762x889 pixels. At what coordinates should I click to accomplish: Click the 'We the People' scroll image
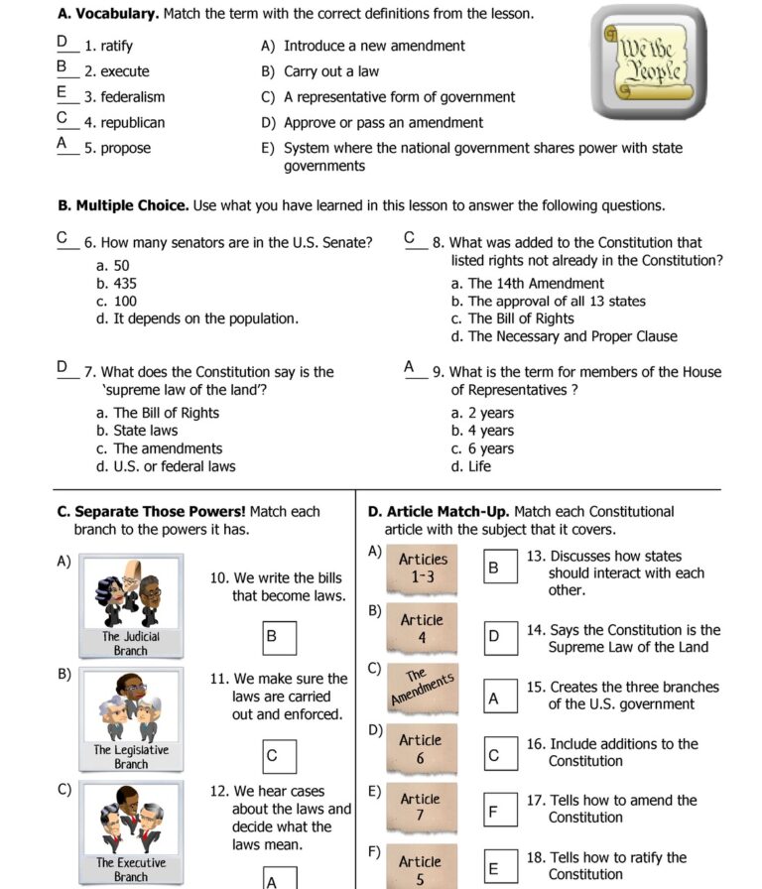(651, 63)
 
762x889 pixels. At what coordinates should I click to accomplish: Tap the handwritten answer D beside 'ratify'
(63, 43)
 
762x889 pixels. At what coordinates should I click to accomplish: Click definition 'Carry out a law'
(330, 71)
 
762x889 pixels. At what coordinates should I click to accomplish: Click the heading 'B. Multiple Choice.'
(123, 205)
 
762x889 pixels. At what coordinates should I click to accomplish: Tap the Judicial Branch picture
(130, 606)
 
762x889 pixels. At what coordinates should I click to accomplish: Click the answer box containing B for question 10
(279, 638)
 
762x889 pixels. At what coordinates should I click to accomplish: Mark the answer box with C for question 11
(279, 757)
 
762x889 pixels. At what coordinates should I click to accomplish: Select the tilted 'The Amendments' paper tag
(422, 687)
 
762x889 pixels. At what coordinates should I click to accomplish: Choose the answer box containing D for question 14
(500, 638)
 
